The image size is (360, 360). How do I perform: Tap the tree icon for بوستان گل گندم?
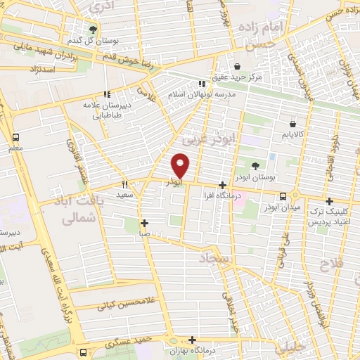point(93,29)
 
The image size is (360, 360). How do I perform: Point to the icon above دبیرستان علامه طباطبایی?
point(107,94)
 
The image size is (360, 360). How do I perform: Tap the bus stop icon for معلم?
point(16,137)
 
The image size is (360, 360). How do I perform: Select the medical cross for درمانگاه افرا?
point(222,184)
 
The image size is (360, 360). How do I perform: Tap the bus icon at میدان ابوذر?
point(283,196)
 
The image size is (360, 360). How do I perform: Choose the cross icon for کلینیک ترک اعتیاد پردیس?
point(329,200)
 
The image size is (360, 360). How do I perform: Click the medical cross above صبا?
point(144,223)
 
